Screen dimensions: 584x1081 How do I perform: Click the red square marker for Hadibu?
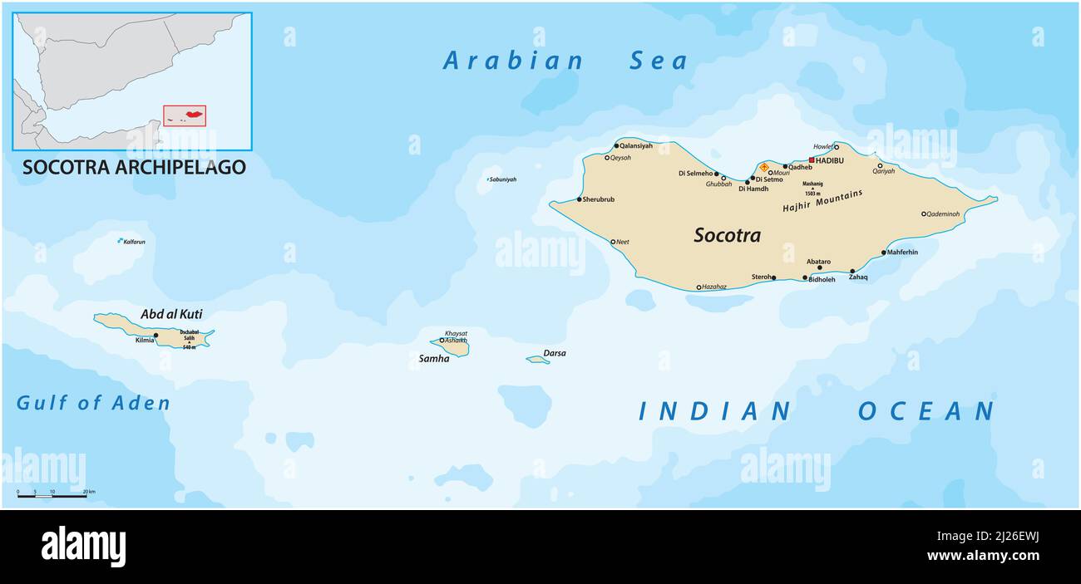812,159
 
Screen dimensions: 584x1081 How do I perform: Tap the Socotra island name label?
727,236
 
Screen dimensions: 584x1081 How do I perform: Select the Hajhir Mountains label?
822,202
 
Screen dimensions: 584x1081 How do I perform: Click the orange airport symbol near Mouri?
763,167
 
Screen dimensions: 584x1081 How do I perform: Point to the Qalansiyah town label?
636,145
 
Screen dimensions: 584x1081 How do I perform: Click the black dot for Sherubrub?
580,199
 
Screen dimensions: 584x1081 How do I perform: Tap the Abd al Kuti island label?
171,314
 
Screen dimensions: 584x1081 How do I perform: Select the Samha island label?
434,359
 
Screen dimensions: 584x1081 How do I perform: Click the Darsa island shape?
537,360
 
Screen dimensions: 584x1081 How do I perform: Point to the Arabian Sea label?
565,61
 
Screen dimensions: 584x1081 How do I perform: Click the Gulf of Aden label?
93,404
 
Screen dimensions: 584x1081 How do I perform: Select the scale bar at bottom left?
52,496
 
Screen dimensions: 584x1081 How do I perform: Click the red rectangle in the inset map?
184,115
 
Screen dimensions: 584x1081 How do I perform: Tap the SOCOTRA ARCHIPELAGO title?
134,167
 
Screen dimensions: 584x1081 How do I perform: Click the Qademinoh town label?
943,214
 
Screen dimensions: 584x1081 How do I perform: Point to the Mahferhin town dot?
883,253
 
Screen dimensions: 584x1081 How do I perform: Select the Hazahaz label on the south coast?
713,287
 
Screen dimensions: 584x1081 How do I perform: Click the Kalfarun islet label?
134,242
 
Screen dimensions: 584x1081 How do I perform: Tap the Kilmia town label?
144,341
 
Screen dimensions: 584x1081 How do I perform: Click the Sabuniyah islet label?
502,179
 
